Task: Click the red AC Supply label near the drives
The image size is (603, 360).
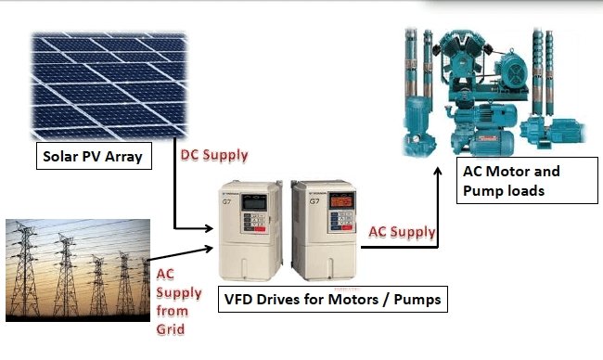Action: (403, 231)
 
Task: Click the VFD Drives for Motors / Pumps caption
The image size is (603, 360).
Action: (343, 301)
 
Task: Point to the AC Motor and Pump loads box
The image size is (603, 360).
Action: (526, 181)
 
